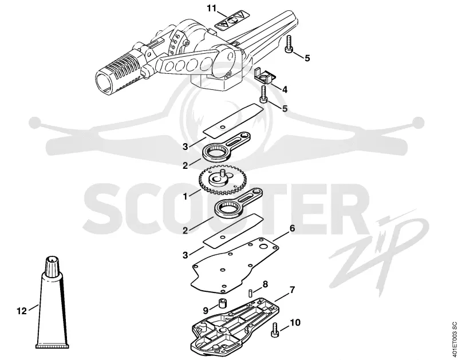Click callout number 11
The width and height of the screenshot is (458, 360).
tap(211, 8)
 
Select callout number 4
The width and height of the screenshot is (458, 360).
tap(285, 89)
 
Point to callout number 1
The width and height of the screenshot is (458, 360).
tap(185, 196)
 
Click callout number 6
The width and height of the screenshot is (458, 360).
tap(292, 228)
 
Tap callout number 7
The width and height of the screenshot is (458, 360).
tap(293, 290)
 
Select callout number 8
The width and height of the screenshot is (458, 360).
tap(265, 284)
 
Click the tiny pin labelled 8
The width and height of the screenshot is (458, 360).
tap(250, 293)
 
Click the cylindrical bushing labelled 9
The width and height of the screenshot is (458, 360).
tap(223, 303)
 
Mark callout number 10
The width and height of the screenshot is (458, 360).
tap(295, 322)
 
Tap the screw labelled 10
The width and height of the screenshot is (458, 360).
tap(275, 330)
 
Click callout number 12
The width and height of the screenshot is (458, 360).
tap(22, 311)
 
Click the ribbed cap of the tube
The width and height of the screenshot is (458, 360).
tap(52, 266)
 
